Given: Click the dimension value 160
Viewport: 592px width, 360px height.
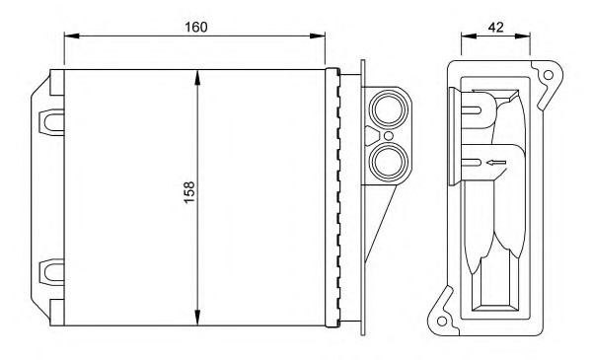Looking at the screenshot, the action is click(196, 28).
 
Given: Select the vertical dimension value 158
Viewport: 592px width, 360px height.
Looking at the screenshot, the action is click(189, 192).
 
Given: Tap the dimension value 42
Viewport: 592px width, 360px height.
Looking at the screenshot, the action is click(495, 28).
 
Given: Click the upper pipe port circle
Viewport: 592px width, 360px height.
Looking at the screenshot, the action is click(389, 109).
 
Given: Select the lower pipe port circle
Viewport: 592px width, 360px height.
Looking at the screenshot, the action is click(389, 162).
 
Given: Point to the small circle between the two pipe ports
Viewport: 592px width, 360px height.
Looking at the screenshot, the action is click(388, 136).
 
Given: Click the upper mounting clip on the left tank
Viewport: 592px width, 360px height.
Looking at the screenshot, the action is click(51, 122).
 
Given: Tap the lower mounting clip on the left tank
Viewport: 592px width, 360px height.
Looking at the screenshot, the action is click(51, 272).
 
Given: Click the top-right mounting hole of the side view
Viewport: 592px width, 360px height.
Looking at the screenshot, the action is click(549, 75).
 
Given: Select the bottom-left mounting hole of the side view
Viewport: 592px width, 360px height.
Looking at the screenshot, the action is click(442, 322).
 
